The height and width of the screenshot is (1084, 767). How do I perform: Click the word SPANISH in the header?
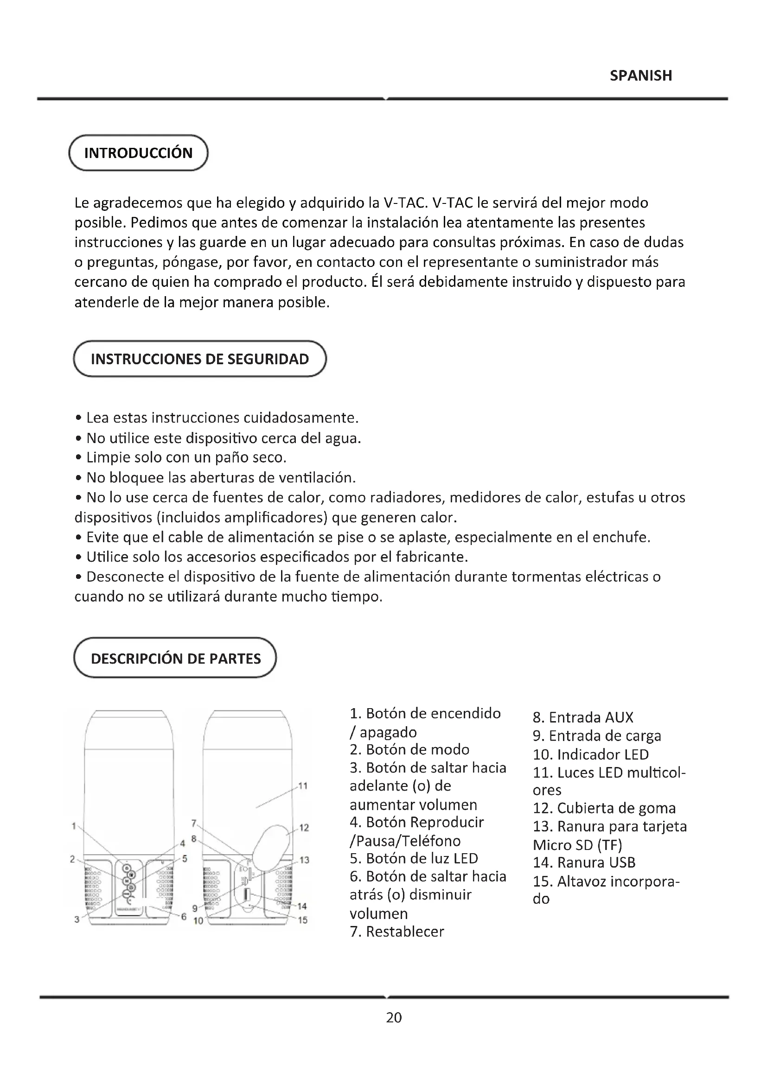tap(640, 76)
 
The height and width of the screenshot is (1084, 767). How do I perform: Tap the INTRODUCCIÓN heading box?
tap(138, 153)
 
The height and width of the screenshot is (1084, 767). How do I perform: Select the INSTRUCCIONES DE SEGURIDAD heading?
tap(200, 359)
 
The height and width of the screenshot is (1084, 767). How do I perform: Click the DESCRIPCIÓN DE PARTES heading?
tap(175, 659)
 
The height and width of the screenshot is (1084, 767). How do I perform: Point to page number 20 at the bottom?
tap(394, 1017)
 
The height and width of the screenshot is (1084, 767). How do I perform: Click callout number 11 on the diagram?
tap(303, 786)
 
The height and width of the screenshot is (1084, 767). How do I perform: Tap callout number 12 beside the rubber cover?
tap(304, 828)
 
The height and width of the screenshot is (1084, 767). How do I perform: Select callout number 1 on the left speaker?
tap(74, 826)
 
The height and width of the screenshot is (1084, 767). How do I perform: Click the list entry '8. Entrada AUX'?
tap(583, 717)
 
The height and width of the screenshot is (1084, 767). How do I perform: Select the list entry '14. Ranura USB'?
tap(584, 862)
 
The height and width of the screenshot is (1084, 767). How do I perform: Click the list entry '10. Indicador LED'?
tap(590, 754)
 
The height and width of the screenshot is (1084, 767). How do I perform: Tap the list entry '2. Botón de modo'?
tap(409, 750)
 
